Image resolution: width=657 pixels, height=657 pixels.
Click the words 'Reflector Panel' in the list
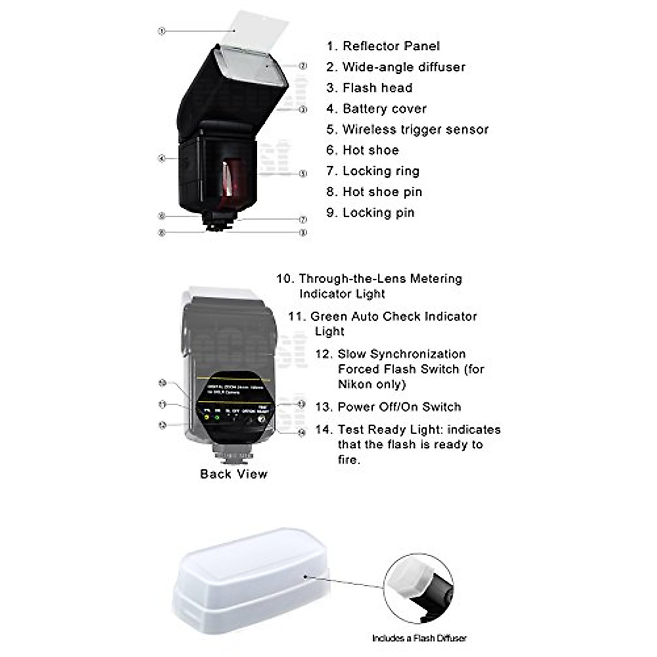point(391,46)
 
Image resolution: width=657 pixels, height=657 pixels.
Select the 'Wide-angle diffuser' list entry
point(404,67)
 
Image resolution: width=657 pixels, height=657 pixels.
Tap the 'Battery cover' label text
point(384,108)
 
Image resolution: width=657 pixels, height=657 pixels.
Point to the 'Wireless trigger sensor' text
point(415,129)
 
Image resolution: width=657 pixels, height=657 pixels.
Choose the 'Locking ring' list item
point(381,171)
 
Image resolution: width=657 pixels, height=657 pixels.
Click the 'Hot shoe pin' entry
point(382,192)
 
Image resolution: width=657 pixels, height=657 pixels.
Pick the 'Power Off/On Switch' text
point(399,407)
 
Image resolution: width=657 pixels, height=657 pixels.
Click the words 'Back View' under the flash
point(234,474)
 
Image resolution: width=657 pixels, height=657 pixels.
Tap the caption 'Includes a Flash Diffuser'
point(419,638)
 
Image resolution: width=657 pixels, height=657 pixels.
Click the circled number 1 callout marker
point(162,31)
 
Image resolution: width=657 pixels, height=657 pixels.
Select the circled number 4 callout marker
point(162,159)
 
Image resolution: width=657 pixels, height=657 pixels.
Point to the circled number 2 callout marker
point(303,66)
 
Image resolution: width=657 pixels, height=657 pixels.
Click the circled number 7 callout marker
point(303,220)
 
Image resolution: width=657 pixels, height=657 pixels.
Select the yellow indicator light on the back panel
point(206,417)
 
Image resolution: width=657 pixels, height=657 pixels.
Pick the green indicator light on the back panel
point(217,417)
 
